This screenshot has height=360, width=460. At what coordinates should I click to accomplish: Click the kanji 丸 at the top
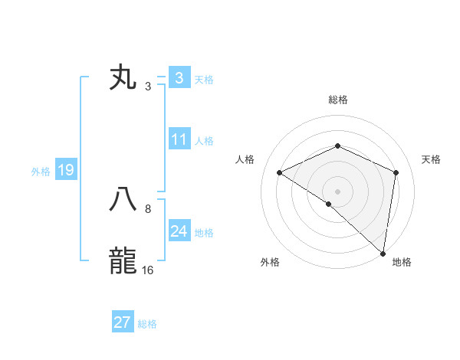point(123,79)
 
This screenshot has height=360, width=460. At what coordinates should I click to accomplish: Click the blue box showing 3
point(179,78)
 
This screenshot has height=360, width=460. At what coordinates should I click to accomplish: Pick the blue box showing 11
point(179,139)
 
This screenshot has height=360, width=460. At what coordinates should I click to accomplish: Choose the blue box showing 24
point(179,231)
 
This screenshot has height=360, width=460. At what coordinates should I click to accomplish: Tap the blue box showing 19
point(66,170)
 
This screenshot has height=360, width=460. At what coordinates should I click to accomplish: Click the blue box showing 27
point(123,322)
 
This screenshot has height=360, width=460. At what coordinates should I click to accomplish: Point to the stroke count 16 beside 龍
point(147,270)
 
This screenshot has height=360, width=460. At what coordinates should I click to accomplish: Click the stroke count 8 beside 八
point(147,209)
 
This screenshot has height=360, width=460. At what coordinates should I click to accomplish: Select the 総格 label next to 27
point(147,324)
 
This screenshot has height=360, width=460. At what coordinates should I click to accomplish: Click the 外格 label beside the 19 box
point(41,172)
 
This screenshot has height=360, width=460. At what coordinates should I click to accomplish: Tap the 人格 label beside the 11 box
point(204,141)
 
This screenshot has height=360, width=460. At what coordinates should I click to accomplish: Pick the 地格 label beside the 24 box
point(204,233)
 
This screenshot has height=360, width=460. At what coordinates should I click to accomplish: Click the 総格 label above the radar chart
point(337,100)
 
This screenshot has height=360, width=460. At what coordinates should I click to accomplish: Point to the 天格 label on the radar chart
point(431,159)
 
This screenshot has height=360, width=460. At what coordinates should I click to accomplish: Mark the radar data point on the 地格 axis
point(383,254)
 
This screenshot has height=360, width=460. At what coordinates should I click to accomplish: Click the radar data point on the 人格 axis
point(280,173)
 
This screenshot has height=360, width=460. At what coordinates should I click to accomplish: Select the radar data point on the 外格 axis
point(329,204)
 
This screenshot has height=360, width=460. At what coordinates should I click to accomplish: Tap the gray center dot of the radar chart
point(337,191)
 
